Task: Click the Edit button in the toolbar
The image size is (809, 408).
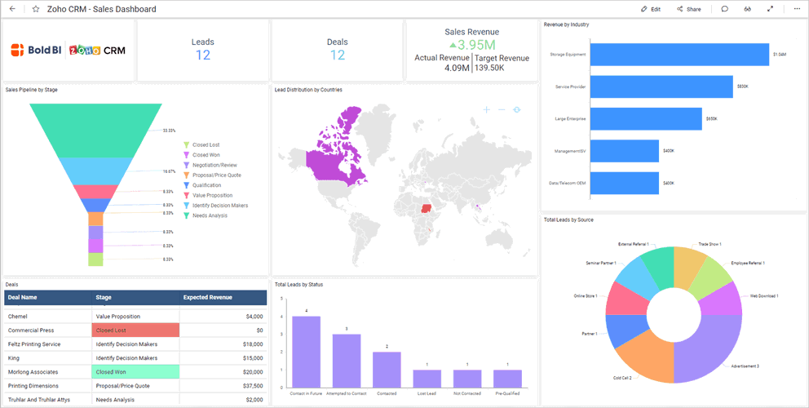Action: [x=651, y=9]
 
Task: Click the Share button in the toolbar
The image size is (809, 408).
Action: [x=688, y=9]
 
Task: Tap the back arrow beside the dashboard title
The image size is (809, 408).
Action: [x=11, y=9]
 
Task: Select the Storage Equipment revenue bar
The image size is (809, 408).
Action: [x=679, y=55]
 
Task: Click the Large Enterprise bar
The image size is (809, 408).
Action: [x=645, y=119]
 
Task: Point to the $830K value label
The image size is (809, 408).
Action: [x=742, y=86]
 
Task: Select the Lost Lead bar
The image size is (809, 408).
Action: [x=427, y=379]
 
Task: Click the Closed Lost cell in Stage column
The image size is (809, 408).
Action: [x=135, y=330]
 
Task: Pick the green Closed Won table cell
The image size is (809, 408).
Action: [x=135, y=371]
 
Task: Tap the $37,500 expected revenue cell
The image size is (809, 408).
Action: [x=222, y=386]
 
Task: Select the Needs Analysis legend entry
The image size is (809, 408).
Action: [x=210, y=216]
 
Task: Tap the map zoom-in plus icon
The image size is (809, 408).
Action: [x=486, y=109]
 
